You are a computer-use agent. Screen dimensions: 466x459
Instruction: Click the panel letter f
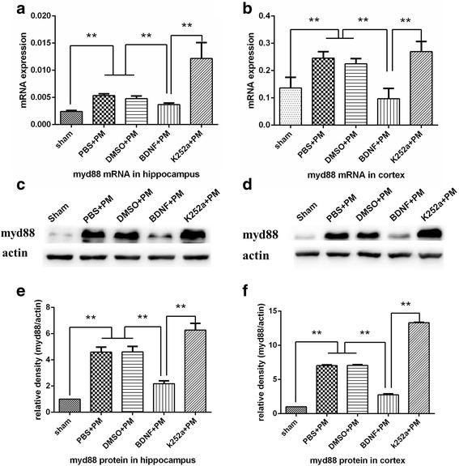click(x=246, y=297)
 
